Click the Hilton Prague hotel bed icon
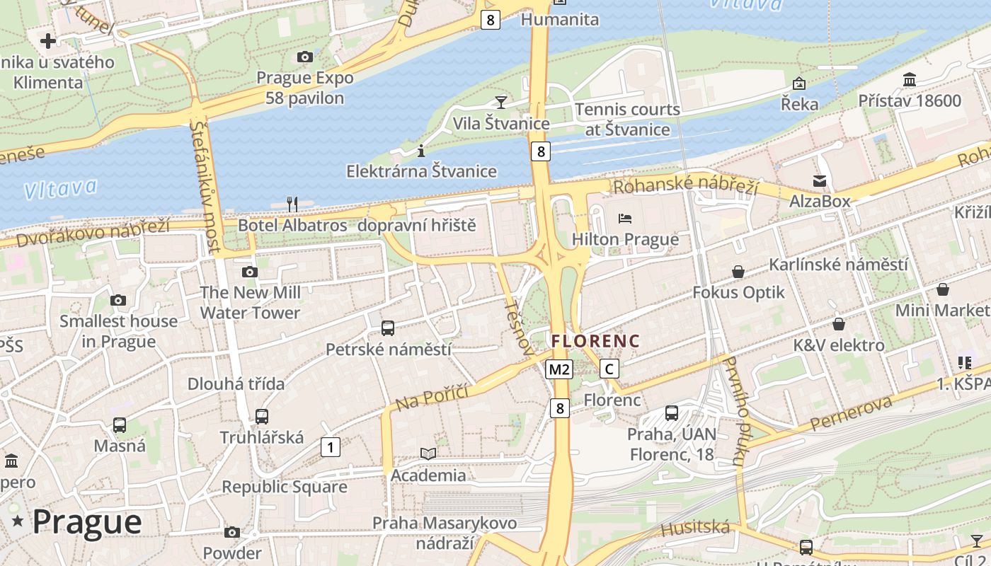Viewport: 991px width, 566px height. click(x=625, y=218)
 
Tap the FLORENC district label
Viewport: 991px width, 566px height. click(x=595, y=341)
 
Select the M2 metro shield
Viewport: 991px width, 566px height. click(x=559, y=369)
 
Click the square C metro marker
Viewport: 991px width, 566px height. click(x=609, y=369)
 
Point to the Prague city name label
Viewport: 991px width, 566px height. click(x=87, y=522)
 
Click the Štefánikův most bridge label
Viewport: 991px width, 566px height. click(x=204, y=187)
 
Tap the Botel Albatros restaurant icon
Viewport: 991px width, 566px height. click(x=292, y=204)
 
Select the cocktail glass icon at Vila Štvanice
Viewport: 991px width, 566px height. click(x=501, y=102)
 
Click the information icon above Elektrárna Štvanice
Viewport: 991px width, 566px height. click(x=421, y=150)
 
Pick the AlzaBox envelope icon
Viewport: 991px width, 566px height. click(x=820, y=181)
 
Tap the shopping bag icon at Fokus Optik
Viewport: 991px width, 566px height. click(x=738, y=272)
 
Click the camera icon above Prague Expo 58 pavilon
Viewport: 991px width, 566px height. click(x=305, y=57)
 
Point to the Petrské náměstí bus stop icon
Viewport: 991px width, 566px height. click(x=388, y=328)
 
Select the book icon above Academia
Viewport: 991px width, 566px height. click(x=428, y=454)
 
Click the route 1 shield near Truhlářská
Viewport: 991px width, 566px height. click(x=330, y=447)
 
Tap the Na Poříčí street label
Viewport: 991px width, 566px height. click(x=433, y=397)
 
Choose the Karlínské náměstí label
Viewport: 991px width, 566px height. click(x=838, y=265)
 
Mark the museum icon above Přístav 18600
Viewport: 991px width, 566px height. click(x=910, y=79)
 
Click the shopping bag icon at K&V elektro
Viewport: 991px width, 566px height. click(x=839, y=325)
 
